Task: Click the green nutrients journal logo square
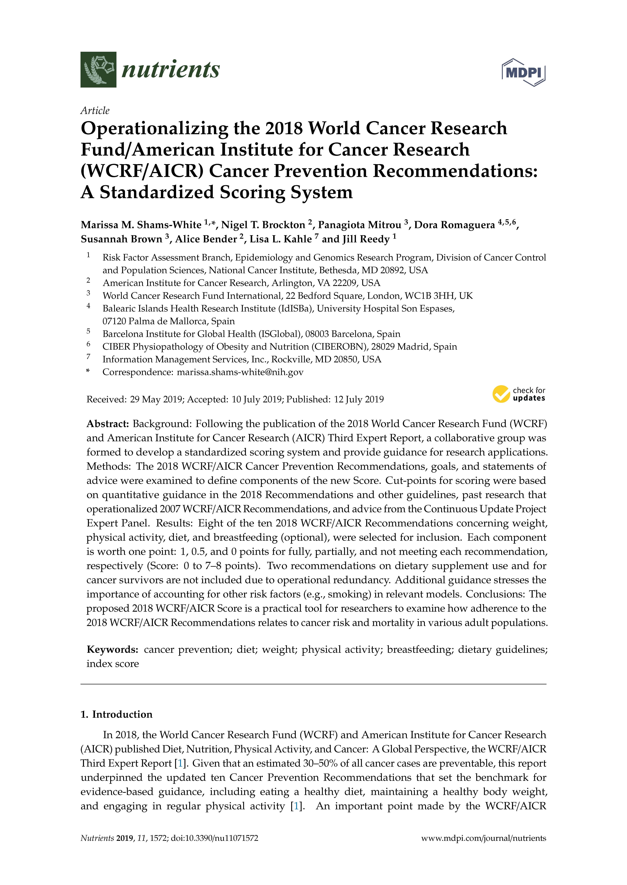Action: [x=98, y=70]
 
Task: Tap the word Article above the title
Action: [x=95, y=111]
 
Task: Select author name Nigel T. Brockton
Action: [x=263, y=225]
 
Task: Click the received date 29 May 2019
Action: [x=156, y=399]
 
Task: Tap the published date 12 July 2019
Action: [x=359, y=399]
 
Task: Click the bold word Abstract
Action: [x=107, y=424]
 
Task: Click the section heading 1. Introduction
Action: [x=117, y=714]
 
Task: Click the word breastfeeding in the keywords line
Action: [x=419, y=650]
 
